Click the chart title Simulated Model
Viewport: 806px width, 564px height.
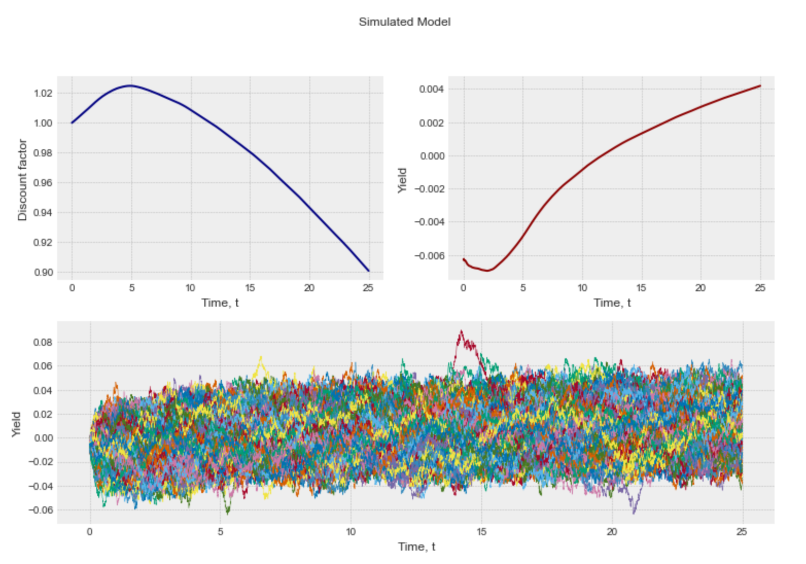pyautogui.click(x=405, y=22)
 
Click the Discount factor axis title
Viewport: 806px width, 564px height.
pyautogui.click(x=22, y=180)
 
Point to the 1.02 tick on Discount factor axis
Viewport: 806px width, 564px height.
pyautogui.click(x=43, y=93)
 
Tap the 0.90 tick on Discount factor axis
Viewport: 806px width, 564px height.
pyautogui.click(x=43, y=272)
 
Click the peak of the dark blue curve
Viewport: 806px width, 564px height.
pyautogui.click(x=131, y=85)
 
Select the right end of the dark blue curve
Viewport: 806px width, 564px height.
pyautogui.click(x=368, y=271)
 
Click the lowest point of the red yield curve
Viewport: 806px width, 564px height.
pyautogui.click(x=487, y=270)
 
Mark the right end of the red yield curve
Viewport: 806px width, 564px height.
pyautogui.click(x=760, y=86)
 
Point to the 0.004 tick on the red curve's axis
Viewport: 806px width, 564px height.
pyautogui.click(x=431, y=90)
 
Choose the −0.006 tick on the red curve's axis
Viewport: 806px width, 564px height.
pyautogui.click(x=429, y=256)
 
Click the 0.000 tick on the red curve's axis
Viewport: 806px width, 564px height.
pyautogui.click(x=431, y=156)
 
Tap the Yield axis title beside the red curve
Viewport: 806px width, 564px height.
pyautogui.click(x=402, y=180)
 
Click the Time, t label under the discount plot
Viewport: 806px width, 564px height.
pyautogui.click(x=220, y=303)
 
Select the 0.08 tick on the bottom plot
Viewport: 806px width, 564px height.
pyautogui.click(x=43, y=342)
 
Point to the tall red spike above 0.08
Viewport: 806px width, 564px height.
pyautogui.click(x=461, y=332)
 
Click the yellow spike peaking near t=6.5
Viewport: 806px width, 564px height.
pyautogui.click(x=260, y=357)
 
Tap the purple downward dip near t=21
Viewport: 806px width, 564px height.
pyautogui.click(x=634, y=512)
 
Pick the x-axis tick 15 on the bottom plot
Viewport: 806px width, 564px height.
pyautogui.click(x=481, y=532)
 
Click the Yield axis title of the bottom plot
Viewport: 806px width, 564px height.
pyautogui.click(x=16, y=425)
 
